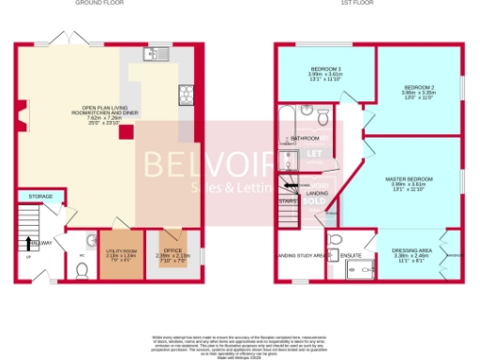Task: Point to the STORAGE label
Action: (40, 197)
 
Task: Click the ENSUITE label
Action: (351, 254)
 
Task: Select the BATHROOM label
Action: (304, 139)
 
